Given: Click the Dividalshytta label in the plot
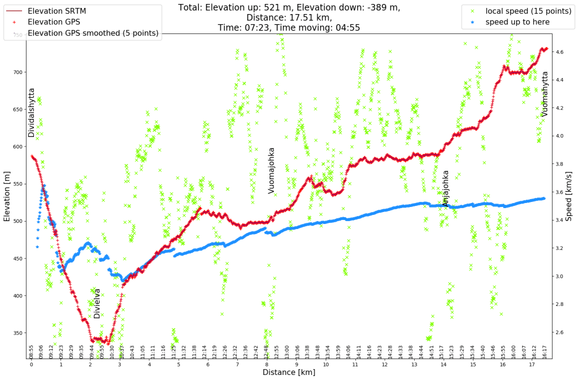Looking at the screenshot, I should pos(32,113).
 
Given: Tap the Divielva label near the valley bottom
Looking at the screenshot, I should pos(97,303).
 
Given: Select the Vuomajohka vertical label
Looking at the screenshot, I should pos(271,171).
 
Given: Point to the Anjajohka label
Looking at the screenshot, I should pos(446,188).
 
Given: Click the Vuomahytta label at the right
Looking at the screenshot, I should pos(545,94).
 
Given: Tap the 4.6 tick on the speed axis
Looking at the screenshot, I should pos(559,52).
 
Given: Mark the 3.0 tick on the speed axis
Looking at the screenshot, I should pos(559,277).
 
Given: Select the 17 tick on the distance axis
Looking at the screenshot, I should pos(531,365).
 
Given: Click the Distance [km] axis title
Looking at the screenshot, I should pos(288,373).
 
